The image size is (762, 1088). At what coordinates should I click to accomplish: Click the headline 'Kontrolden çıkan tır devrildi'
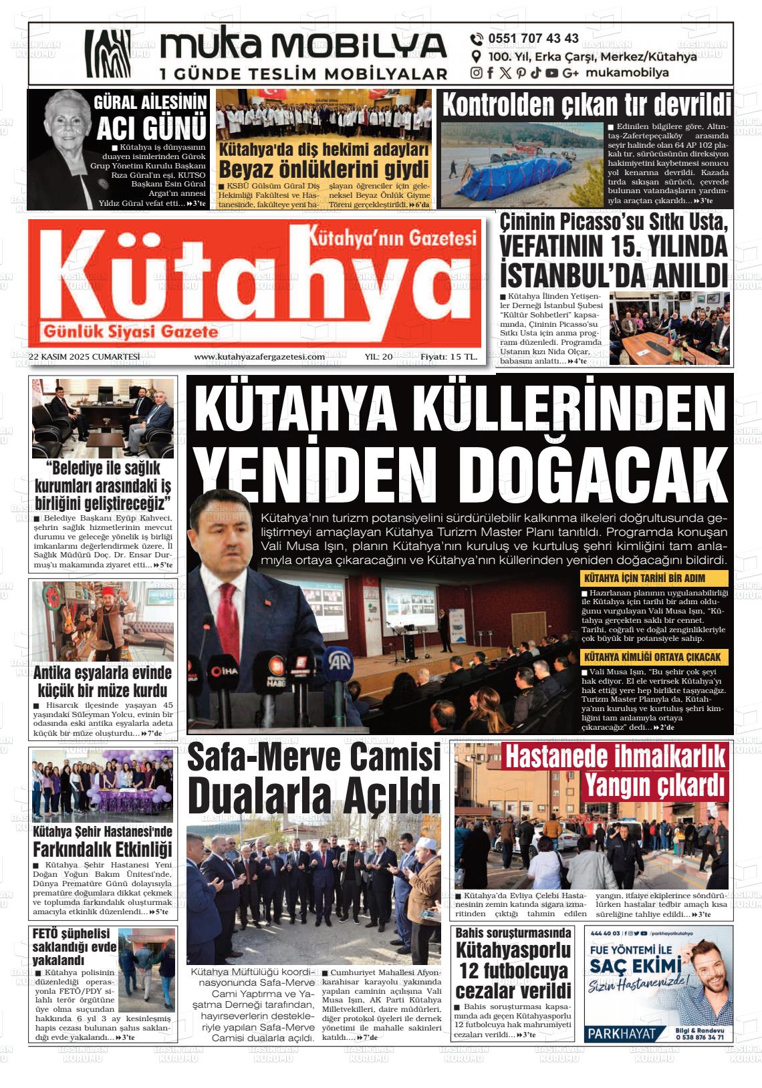pyautogui.click(x=586, y=105)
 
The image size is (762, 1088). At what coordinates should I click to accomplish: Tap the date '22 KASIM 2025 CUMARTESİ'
pyautogui.click(x=84, y=357)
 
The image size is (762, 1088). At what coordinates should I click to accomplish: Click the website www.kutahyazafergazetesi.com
pyautogui.click(x=259, y=357)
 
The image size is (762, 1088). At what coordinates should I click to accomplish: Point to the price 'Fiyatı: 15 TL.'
pyautogui.click(x=449, y=357)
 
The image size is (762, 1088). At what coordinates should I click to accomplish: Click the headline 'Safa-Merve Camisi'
pyautogui.click(x=314, y=758)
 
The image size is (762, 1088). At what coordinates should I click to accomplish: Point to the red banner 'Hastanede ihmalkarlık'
pyautogui.click(x=615, y=757)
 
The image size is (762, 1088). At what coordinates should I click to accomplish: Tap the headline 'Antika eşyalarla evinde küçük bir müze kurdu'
pyautogui.click(x=102, y=681)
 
